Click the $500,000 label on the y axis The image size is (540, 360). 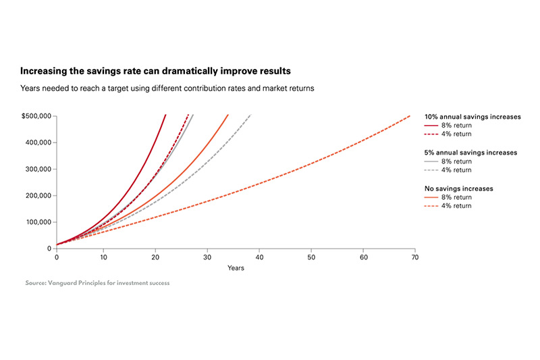click(x=36, y=116)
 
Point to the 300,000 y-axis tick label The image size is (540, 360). click(x=38, y=169)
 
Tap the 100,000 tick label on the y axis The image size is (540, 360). click(x=38, y=222)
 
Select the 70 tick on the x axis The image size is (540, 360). click(x=415, y=257)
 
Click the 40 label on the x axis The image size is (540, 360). click(x=259, y=257)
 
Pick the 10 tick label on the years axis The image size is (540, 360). click(x=104, y=257)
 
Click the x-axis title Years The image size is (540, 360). click(x=236, y=268)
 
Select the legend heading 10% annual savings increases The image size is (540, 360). click(x=473, y=117)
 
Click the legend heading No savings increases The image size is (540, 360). click(x=459, y=188)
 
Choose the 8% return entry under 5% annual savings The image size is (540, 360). click(x=457, y=161)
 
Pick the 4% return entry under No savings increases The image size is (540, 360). click(x=457, y=205)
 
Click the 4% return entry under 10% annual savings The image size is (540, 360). click(x=457, y=134)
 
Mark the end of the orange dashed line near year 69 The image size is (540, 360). click(x=410, y=115)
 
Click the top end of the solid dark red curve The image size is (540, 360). click(x=165, y=115)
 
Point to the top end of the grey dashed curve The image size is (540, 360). click(x=250, y=114)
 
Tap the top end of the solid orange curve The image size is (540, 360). click(x=228, y=115)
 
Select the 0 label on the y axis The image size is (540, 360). click(x=49, y=249)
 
